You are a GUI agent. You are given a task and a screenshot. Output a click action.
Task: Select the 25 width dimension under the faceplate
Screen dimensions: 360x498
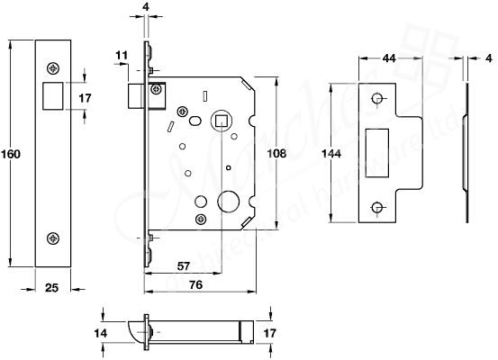pyautogui.click(x=51, y=287)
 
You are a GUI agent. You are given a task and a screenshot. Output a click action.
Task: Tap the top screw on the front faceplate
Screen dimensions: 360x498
pyautogui.click(x=52, y=66)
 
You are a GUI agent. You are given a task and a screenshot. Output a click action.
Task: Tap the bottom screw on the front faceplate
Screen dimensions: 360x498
pyautogui.click(x=52, y=238)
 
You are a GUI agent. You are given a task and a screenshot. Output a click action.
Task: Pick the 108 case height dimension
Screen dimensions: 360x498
pyautogui.click(x=278, y=154)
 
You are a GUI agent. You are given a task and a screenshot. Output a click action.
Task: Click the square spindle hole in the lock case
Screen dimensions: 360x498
pyautogui.click(x=218, y=121)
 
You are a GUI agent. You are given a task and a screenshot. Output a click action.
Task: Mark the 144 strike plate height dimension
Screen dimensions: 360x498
pyautogui.click(x=330, y=154)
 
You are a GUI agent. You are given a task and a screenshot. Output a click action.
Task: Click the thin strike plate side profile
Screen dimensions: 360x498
pyautogui.click(x=466, y=154)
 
